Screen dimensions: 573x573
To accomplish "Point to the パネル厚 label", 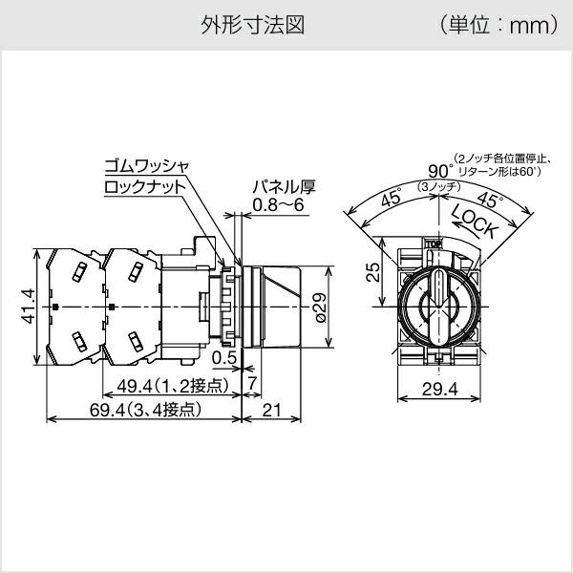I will pos(283,187).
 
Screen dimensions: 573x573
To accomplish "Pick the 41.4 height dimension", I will pos(28,307).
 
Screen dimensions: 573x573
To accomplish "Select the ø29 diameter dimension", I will pos(321,307).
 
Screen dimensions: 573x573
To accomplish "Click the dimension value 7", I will pos(252,385).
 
